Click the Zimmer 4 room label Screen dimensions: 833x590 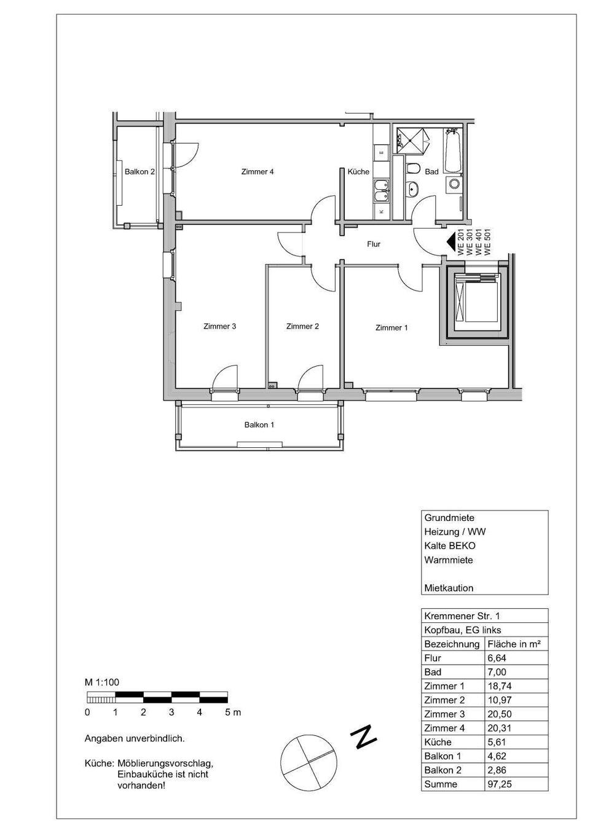257,172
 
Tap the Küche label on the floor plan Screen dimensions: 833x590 358,172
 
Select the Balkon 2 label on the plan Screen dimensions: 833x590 140,172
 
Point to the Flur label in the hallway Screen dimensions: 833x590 374,244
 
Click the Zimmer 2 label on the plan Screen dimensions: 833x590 302,327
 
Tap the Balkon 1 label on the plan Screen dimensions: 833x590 259,425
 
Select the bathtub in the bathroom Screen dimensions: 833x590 453,151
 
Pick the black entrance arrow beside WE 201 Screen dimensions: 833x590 452,243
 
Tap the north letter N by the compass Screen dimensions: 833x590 364,737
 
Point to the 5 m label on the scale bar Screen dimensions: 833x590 233,713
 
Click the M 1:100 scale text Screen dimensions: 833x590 102,682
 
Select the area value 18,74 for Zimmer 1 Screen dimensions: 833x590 498,686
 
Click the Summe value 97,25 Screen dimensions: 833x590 498,784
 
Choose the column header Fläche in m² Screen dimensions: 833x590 514,644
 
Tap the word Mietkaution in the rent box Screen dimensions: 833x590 449,588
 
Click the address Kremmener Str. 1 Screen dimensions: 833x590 462,616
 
